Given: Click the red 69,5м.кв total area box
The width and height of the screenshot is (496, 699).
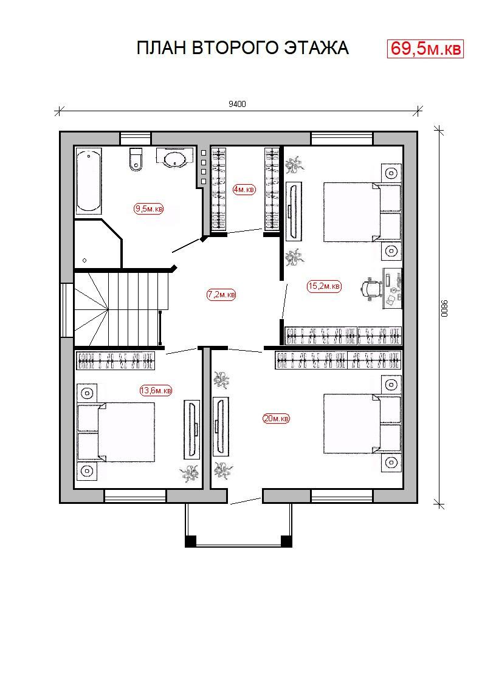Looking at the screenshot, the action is (x=425, y=49).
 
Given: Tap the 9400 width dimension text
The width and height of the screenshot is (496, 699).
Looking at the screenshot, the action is (x=237, y=105).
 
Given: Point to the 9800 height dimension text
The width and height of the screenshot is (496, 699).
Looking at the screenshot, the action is (x=444, y=308).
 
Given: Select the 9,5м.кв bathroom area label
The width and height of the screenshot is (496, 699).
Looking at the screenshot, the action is (x=149, y=208).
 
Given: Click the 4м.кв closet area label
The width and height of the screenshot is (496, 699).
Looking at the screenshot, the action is (x=244, y=190).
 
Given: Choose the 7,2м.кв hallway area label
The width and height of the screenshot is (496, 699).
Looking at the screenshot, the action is (x=221, y=295).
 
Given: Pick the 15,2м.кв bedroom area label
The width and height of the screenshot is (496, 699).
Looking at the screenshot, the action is (x=325, y=286).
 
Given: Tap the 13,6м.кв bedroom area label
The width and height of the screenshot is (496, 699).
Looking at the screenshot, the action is (x=156, y=390).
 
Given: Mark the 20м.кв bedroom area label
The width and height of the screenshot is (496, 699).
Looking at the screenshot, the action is (x=277, y=419).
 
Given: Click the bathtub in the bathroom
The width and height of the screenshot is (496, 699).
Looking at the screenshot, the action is (x=89, y=182).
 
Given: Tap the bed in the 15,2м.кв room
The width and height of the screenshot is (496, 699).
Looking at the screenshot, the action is (x=362, y=212).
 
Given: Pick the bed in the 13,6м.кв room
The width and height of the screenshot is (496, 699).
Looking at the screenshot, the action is (x=116, y=432).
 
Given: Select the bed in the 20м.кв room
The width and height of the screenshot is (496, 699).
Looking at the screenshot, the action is (x=362, y=424).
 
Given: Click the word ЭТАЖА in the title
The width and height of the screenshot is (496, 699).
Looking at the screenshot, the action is (x=317, y=48).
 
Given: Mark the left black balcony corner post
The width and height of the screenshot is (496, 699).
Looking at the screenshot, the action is (x=190, y=541).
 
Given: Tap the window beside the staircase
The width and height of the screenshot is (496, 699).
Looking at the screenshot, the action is (x=67, y=310).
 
